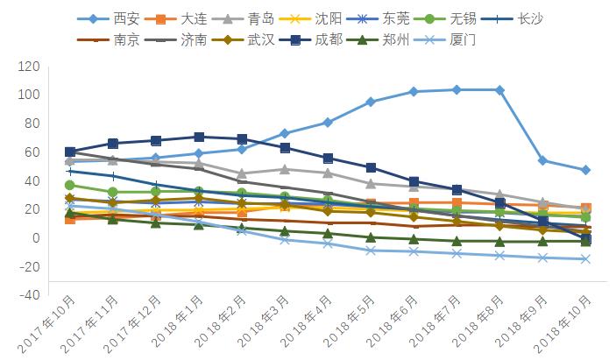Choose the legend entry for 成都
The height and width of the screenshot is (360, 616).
point(319,40)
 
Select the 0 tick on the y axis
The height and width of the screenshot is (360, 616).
point(35,238)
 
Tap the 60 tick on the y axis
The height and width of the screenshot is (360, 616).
point(32,152)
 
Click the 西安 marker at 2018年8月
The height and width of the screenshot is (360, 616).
point(499,90)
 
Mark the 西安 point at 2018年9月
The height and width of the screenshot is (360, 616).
point(542,160)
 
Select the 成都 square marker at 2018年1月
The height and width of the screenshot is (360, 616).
point(199,137)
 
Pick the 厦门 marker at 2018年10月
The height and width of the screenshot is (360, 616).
point(585,259)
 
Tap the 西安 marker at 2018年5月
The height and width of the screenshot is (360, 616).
point(371,102)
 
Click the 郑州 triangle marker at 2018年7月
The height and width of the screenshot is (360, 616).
point(457,241)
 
